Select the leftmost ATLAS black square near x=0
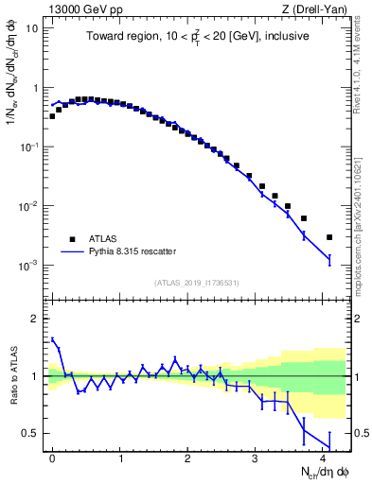pyautogui.click(x=52, y=116)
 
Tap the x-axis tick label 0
pyautogui.click(x=52, y=458)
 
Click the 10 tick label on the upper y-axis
pyautogui.click(x=31, y=27)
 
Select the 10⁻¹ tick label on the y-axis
pyautogui.click(x=28, y=147)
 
